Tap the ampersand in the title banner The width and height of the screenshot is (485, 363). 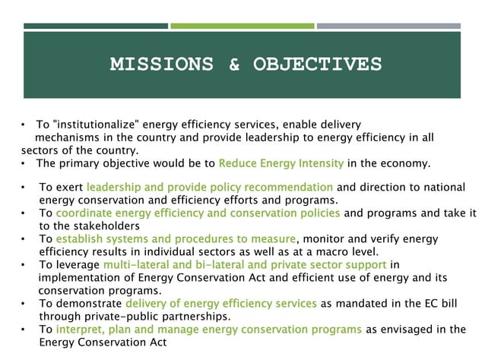pos(235,64)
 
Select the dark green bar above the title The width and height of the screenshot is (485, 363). pos(96,26)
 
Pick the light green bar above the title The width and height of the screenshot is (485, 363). pos(242,26)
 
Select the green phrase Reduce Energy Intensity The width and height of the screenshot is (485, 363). pos(281,163)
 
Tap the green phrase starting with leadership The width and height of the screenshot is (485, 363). pos(209,187)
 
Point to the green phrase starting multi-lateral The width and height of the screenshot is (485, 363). pos(244,265)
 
